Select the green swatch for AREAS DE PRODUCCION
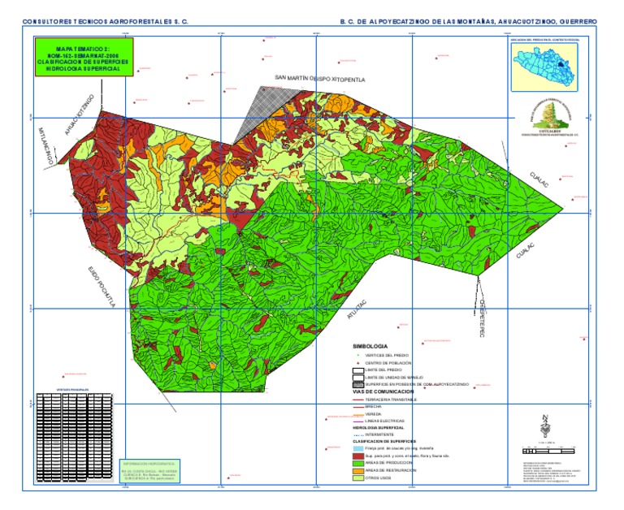(357, 462)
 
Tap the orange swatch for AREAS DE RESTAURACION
(357, 470)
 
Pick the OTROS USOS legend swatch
(357, 478)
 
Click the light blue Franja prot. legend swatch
(357, 448)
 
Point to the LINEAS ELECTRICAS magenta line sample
(357, 420)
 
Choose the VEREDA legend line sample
(357, 413)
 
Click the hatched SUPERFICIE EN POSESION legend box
(357, 384)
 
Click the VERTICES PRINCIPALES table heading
(70, 390)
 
